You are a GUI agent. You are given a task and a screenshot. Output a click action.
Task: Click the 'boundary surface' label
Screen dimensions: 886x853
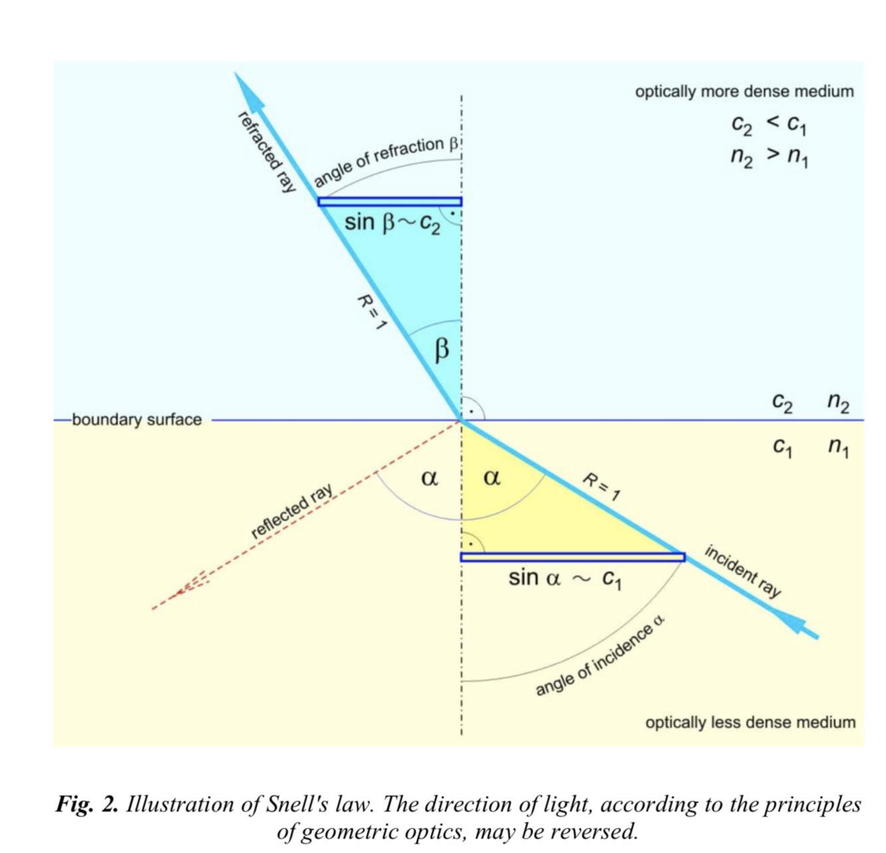click(136, 420)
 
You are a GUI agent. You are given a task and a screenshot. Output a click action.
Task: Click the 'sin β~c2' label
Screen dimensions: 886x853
click(392, 224)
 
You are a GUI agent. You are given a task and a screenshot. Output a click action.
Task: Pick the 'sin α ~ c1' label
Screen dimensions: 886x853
click(565, 579)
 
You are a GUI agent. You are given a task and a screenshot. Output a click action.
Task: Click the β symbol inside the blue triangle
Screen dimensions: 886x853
click(442, 349)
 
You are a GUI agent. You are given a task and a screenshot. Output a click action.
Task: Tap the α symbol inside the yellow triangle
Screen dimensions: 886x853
click(491, 477)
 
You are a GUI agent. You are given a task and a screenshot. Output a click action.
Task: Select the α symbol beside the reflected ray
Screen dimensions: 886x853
click(430, 477)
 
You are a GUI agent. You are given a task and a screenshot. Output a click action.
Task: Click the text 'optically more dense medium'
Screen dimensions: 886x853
click(744, 92)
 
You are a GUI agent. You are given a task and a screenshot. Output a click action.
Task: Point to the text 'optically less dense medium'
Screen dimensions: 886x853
click(750, 722)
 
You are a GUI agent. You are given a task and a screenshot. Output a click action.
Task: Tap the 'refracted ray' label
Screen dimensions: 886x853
click(266, 152)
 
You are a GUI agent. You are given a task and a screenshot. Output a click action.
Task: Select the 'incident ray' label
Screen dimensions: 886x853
click(743, 571)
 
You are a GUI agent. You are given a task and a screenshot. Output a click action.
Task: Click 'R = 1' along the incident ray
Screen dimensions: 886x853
click(601, 487)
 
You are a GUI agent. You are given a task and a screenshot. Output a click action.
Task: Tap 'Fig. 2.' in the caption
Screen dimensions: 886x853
click(87, 805)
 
